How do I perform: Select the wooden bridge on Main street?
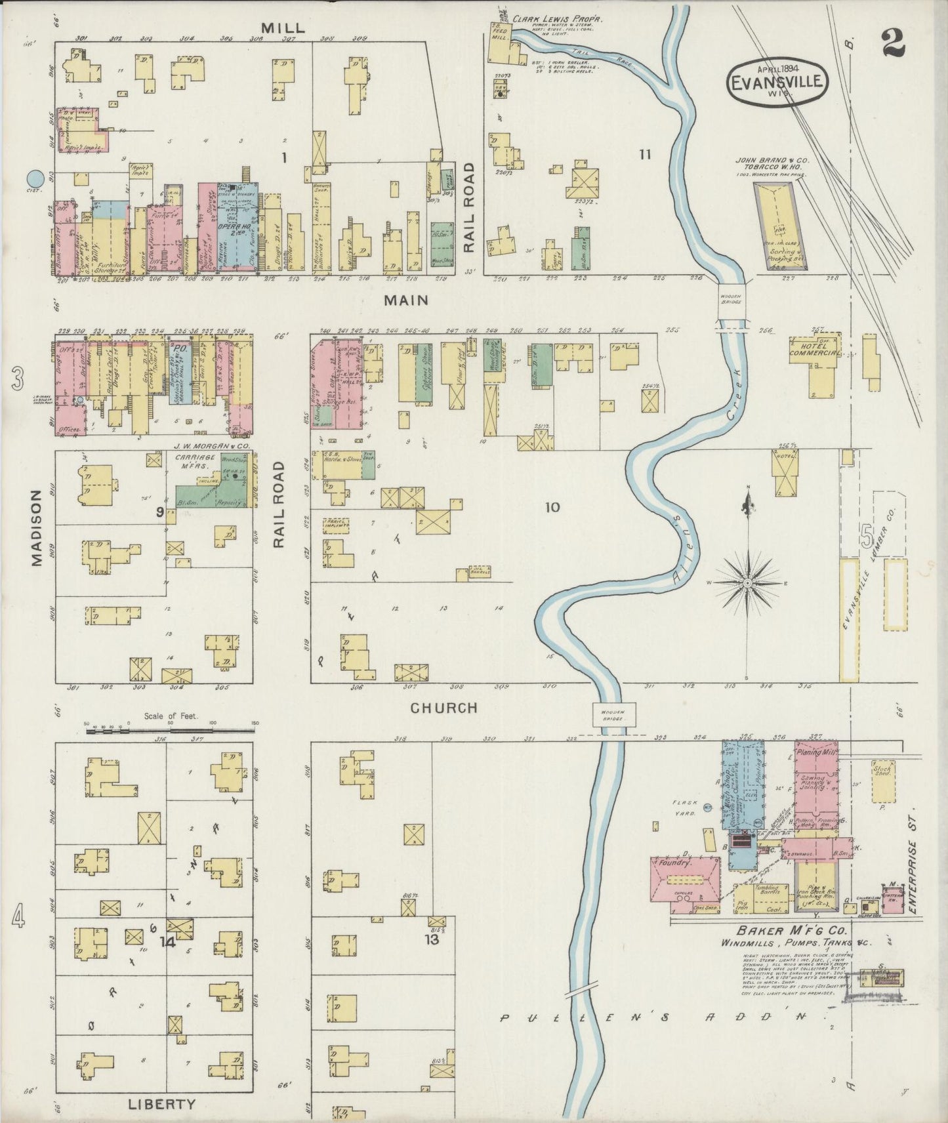[733, 301]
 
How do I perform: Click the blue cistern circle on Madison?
[36, 178]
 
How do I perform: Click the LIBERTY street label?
[161, 1104]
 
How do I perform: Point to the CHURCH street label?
[443, 708]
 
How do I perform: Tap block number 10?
[552, 507]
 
